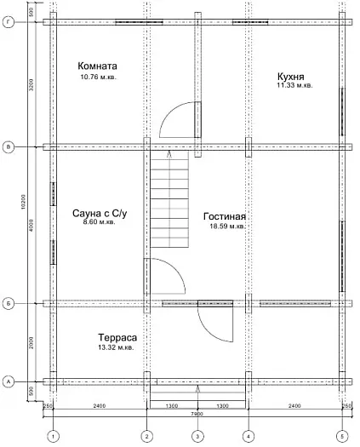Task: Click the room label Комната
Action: coord(97,66)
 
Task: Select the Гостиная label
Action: coord(225,216)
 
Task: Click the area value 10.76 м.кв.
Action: coord(97,77)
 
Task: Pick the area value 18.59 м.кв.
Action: coord(225,226)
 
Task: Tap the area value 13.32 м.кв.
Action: coord(117,348)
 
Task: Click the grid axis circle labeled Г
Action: coord(9,23)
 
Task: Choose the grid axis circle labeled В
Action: coord(9,147)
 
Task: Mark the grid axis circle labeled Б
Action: coord(9,302)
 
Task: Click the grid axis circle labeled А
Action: coord(9,381)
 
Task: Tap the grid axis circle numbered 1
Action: coord(53,437)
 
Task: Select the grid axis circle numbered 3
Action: coord(197,437)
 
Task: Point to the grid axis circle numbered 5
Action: coord(342,437)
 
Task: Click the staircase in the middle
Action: coord(169,204)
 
